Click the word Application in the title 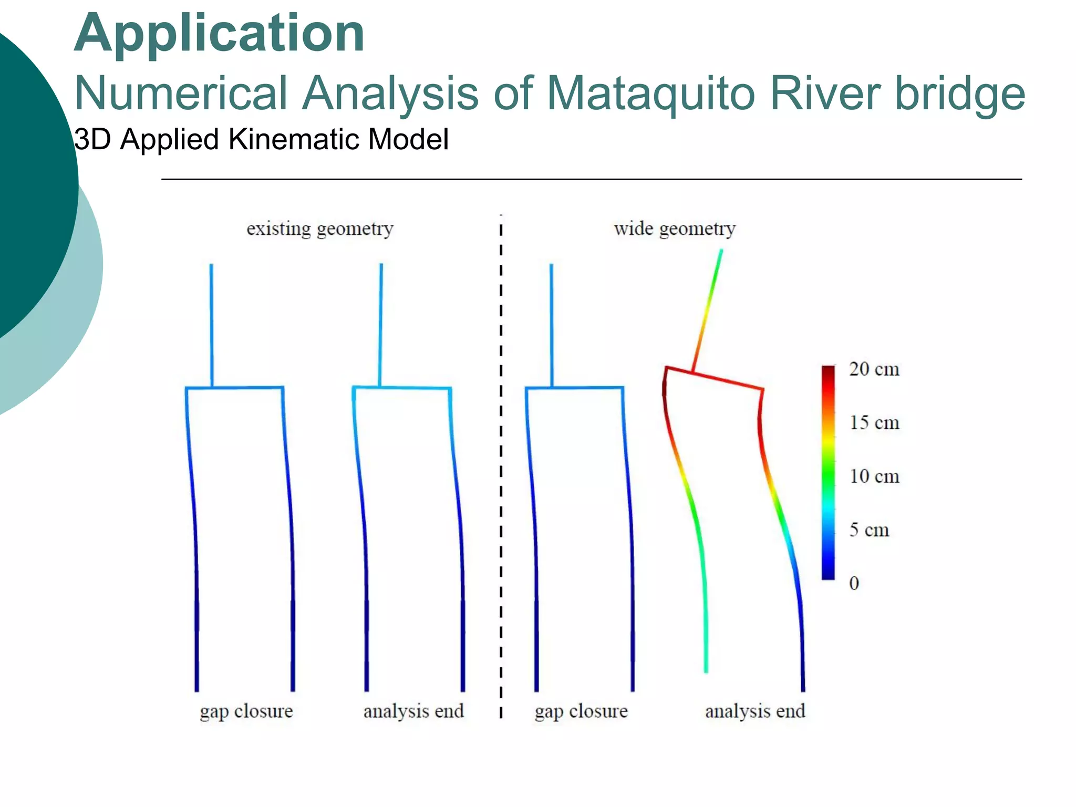coord(219,34)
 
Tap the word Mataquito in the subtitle coord(650,94)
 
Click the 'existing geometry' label coord(319,229)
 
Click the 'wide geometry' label coord(674,229)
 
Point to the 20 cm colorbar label coord(874,369)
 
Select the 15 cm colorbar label coord(874,423)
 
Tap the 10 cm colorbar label coord(874,477)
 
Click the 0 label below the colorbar coord(854,583)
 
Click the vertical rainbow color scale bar coord(828,473)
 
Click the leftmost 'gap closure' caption coord(246,711)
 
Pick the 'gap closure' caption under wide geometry coord(581,711)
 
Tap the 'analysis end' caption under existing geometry coord(413,711)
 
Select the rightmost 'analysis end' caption coord(754,711)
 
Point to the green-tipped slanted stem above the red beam coord(707,310)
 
